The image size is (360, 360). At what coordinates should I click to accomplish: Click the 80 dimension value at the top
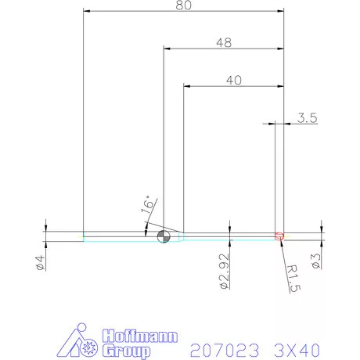click(x=183, y=5)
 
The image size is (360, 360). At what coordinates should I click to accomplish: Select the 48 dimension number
click(x=223, y=43)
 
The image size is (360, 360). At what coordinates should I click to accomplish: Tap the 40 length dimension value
click(x=232, y=78)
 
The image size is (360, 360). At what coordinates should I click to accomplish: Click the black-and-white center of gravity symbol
click(x=163, y=237)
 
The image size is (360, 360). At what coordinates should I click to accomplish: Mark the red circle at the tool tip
click(x=279, y=236)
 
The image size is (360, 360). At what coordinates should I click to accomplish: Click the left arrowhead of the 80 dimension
click(x=87, y=11)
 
